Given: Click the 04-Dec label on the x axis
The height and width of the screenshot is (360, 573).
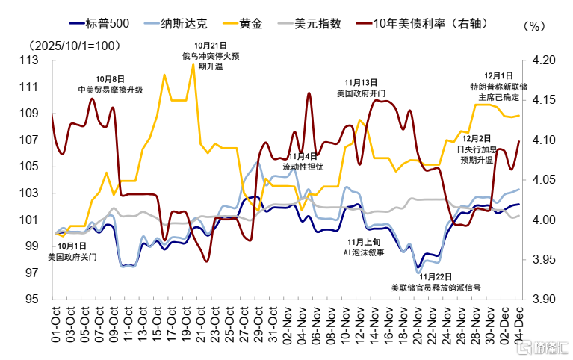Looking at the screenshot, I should (x=516, y=323).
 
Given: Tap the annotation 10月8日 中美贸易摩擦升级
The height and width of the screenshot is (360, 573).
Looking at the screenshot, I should (x=110, y=84).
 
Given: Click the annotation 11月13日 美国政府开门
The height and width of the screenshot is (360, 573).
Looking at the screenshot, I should (x=361, y=88).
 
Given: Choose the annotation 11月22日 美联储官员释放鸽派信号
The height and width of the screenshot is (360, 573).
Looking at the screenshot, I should (x=435, y=282).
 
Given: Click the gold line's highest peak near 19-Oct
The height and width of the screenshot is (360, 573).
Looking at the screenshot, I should (x=193, y=64).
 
